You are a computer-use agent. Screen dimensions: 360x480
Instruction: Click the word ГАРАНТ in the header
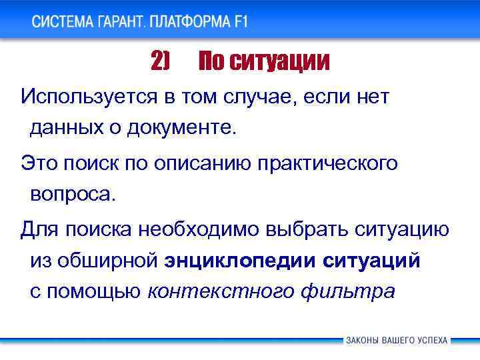tap(117, 21)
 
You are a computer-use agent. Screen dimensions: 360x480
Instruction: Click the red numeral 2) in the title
tap(161, 62)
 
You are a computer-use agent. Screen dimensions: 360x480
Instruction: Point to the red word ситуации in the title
tap(279, 63)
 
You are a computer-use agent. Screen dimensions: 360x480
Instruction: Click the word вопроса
tap(72, 194)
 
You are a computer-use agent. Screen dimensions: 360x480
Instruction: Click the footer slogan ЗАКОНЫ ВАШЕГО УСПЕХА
tap(397, 340)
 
